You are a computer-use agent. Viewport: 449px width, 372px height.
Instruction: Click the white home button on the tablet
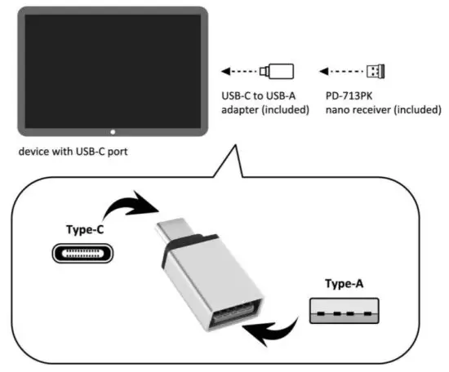[113, 131]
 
